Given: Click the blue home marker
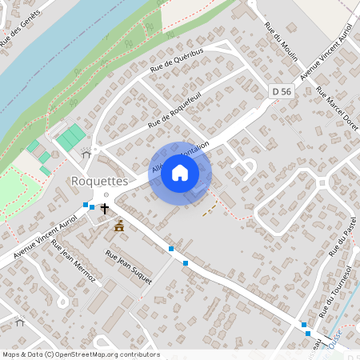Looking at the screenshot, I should click(180, 173).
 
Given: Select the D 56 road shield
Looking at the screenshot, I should click(281, 92).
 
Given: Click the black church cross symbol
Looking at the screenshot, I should click(104, 208).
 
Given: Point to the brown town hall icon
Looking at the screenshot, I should click(119, 226).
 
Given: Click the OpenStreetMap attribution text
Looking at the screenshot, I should click(81, 354).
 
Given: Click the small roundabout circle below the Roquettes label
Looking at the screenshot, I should click(105, 194).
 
